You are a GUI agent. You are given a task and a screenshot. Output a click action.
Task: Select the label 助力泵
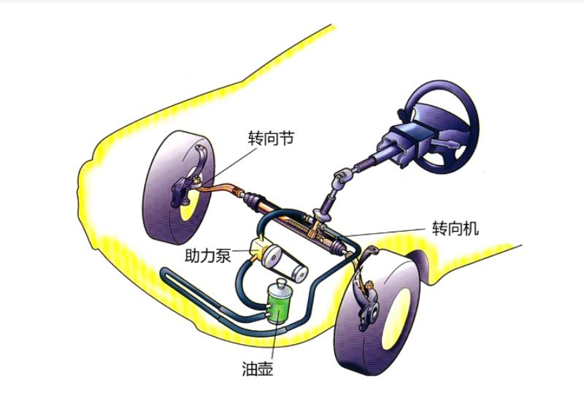(x=208, y=256)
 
